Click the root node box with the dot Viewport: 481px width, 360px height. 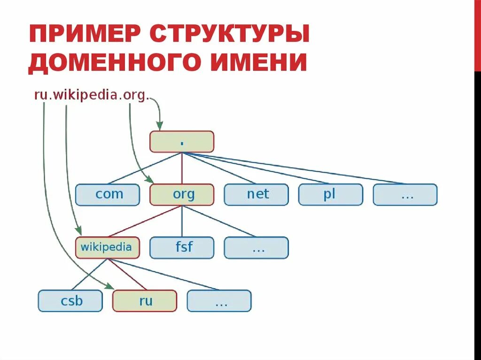[182, 141]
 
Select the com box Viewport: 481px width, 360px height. [108, 194]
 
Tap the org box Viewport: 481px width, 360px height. [182, 194]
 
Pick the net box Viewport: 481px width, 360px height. [256, 194]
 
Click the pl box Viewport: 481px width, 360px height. [330, 194]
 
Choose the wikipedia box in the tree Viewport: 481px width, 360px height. [108, 247]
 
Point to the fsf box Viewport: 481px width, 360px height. [182, 247]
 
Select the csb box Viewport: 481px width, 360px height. [70, 300]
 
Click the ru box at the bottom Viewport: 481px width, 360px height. [145, 300]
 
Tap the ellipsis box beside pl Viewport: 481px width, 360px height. [405, 194]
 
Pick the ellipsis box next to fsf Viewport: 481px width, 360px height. [256, 247]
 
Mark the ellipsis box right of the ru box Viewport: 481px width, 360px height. [219, 300]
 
